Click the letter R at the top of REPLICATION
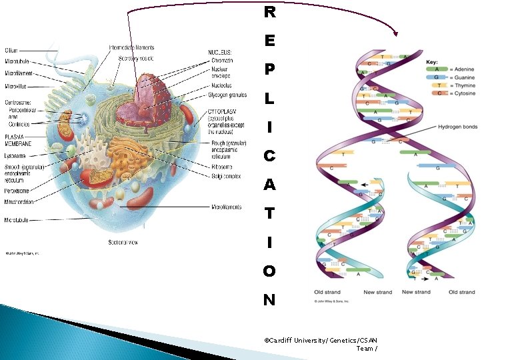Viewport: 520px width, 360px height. click(x=269, y=12)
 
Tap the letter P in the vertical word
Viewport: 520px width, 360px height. click(x=269, y=69)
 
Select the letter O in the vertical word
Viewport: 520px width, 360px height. click(x=269, y=271)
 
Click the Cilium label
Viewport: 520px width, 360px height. click(x=11, y=50)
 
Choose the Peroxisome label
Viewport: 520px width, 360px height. click(x=18, y=191)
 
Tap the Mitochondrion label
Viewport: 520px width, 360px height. click(x=21, y=201)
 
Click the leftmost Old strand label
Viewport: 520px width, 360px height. click(x=327, y=291)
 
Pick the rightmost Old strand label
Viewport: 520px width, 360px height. click(x=461, y=291)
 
